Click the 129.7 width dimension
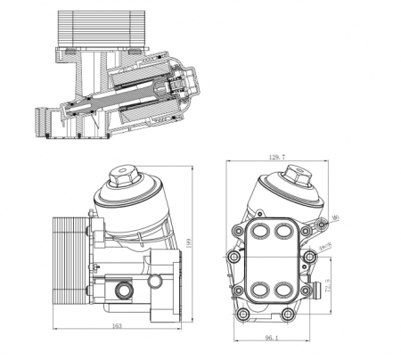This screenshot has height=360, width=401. pos(277,157)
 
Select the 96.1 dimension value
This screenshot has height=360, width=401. pos(270,339)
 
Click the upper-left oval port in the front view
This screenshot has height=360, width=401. pos(260,231)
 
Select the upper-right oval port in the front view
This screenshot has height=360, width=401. pos(284,231)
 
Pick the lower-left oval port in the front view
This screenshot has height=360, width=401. pos(260,290)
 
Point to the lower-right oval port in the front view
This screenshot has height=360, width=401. pos(284,290)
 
